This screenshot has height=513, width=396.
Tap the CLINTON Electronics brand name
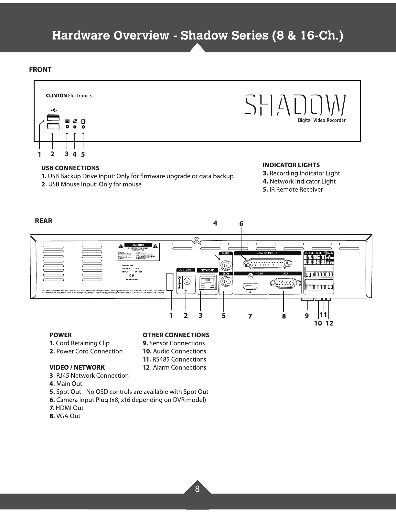[69, 96]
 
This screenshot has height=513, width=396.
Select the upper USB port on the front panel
[53, 118]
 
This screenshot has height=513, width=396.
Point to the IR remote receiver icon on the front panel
[83, 122]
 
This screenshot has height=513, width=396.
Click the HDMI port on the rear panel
[250, 286]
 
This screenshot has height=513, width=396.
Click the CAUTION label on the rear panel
[138, 245]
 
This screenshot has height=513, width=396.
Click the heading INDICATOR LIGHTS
[291, 165]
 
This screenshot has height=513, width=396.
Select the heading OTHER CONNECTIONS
[176, 335]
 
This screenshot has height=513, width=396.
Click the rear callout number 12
[329, 323]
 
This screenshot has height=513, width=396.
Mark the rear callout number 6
[241, 224]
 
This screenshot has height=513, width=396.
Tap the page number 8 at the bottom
[197, 489]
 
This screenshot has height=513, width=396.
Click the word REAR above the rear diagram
[43, 221]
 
